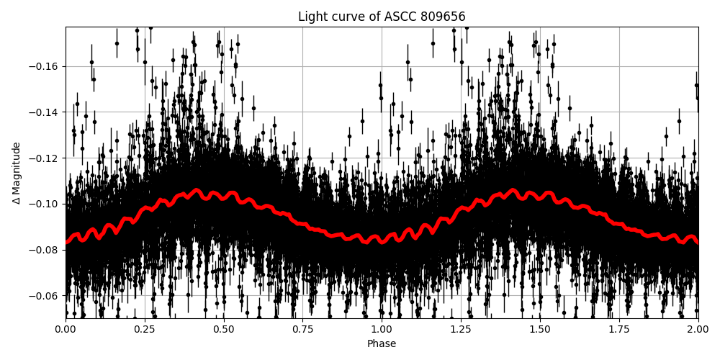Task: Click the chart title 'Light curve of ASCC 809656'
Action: click(382, 17)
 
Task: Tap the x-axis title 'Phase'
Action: click(382, 344)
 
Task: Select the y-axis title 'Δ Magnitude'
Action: click(17, 173)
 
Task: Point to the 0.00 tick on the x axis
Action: click(66, 329)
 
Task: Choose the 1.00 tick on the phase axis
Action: click(382, 329)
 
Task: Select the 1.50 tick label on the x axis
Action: click(540, 329)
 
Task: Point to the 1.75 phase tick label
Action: click(619, 329)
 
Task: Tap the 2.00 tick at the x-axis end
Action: click(698, 329)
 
